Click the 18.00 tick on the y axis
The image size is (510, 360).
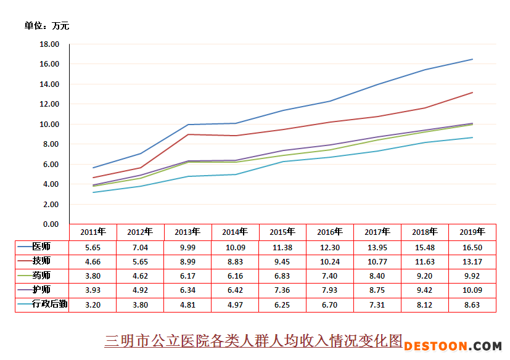point(49,44)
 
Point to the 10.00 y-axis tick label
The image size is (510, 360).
point(49,125)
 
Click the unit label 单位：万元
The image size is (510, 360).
point(47,26)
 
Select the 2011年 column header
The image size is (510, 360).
point(93,232)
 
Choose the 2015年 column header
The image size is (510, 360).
point(282,232)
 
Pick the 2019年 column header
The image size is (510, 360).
point(472,232)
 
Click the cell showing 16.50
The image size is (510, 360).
point(472,247)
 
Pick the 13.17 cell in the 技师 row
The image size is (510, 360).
point(472,261)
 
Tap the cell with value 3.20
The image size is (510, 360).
point(93,305)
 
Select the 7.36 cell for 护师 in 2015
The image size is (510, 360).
point(282,290)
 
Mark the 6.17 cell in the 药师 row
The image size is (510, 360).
point(187,276)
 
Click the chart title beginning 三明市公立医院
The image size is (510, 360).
point(253,340)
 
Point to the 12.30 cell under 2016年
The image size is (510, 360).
point(330,247)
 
